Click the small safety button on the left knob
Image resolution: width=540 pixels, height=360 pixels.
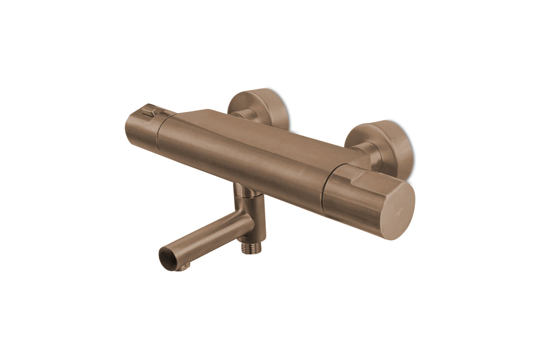(150, 110)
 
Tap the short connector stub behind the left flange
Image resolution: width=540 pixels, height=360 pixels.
(244, 115)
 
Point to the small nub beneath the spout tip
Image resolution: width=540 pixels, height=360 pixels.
(186, 266)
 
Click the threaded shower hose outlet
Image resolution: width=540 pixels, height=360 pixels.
(251, 248)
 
